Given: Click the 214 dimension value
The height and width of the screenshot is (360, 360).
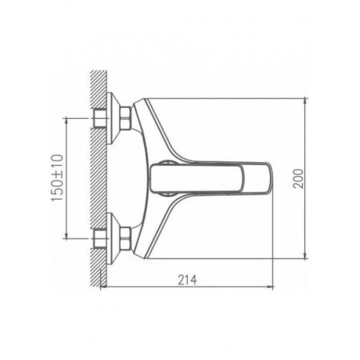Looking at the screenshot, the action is pyautogui.click(x=187, y=280).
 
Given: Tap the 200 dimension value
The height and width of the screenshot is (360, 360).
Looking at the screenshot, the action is pyautogui.click(x=298, y=178).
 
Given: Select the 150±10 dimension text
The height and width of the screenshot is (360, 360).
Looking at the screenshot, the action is pyautogui.click(x=57, y=178).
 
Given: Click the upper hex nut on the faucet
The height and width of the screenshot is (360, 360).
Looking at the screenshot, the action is pyautogui.click(x=125, y=118).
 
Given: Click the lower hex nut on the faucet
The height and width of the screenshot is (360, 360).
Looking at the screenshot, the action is pyautogui.click(x=125, y=238).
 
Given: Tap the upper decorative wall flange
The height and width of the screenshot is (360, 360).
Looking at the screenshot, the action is pyautogui.click(x=113, y=118).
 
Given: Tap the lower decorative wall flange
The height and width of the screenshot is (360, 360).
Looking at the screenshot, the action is pyautogui.click(x=113, y=239).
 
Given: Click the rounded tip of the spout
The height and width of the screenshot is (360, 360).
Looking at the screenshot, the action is pyautogui.click(x=270, y=178).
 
